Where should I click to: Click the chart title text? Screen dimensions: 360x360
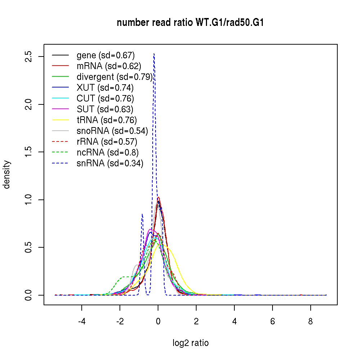[190, 23]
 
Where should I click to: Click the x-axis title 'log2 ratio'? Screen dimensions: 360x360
[190, 343]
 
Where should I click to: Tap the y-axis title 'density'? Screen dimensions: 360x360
[7, 175]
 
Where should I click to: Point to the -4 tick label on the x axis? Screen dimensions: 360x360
[81, 321]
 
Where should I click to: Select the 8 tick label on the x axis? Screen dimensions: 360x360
[311, 321]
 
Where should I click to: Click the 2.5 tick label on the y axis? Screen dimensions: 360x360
[29, 57]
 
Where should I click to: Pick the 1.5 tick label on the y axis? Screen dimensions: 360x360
[29, 152]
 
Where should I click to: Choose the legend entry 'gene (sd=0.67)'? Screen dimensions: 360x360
[105, 55]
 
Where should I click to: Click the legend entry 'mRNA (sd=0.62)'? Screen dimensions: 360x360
[109, 66]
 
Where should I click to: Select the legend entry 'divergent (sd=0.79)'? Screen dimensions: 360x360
[114, 77]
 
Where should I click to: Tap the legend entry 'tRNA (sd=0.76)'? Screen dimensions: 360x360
[107, 120]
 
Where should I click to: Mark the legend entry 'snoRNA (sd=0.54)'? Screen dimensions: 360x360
[112, 131]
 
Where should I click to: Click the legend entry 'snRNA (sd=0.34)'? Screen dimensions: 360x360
[110, 163]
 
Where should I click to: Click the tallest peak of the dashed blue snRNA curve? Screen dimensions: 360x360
[154, 54]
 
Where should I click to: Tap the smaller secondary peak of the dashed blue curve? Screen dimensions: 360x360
[142, 214]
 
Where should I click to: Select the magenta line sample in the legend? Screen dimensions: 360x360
[60, 109]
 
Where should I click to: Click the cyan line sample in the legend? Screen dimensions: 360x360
[60, 98]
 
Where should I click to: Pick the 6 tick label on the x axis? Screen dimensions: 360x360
[273, 321]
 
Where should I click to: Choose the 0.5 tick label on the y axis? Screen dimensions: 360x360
[29, 247]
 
